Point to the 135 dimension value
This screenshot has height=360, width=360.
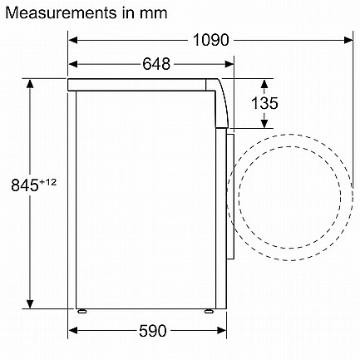pos(264,103)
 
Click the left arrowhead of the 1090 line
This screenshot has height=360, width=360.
pos(73,40)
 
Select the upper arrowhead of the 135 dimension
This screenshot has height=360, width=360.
pos(264,83)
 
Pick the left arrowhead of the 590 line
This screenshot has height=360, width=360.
pos(73,330)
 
